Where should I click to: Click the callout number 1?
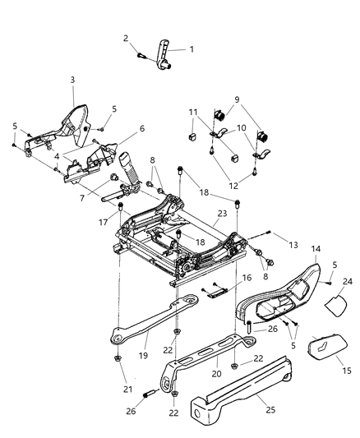tap(192, 49)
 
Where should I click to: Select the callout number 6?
tap(141, 128)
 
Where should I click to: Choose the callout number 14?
tap(315, 248)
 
